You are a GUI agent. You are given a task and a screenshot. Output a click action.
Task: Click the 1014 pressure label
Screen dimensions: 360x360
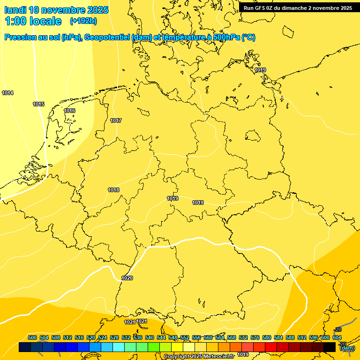click(x=7, y=93)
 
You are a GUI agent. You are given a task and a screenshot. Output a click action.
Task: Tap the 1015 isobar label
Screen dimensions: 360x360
click(x=38, y=104)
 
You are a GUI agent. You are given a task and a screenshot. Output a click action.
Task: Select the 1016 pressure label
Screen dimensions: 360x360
click(x=69, y=111)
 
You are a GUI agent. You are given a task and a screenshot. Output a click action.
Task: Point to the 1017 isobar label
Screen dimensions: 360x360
click(x=116, y=121)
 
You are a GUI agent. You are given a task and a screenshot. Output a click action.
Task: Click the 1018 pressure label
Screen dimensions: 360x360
click(x=113, y=190)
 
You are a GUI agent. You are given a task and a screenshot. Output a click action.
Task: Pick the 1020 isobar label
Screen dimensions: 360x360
click(x=127, y=278)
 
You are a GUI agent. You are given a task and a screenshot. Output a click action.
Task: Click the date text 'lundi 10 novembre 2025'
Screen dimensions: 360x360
click(x=56, y=10)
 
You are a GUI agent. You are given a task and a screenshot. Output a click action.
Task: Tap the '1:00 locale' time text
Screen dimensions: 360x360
click(x=33, y=21)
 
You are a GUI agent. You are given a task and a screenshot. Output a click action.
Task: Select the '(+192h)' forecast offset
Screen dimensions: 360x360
click(x=83, y=21)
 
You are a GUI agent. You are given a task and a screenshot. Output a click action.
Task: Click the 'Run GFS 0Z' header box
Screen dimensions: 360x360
click(x=298, y=7)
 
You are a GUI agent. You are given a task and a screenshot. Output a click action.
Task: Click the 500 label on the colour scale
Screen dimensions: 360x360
click(x=32, y=337)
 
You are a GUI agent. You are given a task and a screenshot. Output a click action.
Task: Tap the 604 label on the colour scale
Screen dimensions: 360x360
click(x=337, y=337)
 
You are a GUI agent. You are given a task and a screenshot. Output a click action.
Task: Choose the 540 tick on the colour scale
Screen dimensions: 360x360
click(x=150, y=337)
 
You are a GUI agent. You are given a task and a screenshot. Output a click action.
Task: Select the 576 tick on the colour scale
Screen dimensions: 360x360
click(x=255, y=337)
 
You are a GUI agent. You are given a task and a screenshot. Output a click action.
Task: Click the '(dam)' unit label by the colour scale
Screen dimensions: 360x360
click(x=347, y=348)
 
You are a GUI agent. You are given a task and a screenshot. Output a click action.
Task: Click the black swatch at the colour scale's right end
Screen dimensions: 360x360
click(x=330, y=347)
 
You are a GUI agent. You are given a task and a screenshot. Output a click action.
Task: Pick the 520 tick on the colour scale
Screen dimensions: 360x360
click(x=91, y=337)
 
